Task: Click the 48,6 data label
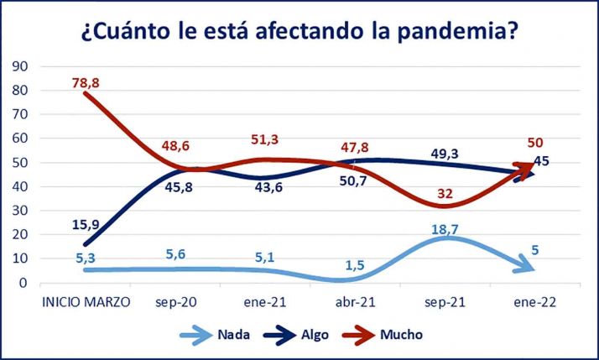tap(176, 146)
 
